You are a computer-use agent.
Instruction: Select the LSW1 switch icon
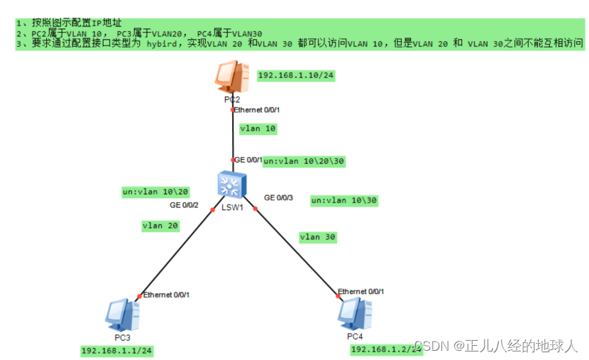point(231,185)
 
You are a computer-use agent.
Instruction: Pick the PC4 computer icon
point(356,313)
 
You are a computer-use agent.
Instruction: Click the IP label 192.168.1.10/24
point(296,75)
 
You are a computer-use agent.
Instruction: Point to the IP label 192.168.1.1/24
point(118,351)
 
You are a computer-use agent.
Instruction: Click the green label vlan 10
point(258,129)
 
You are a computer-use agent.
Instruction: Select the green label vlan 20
point(160,226)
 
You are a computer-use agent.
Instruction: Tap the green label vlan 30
point(318,236)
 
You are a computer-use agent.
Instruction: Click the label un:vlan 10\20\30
point(304,161)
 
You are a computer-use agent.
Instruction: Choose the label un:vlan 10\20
point(155,192)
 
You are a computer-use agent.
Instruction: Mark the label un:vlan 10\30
point(344,201)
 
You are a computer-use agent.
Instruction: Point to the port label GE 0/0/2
point(183,205)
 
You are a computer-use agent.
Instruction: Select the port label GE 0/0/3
point(278,197)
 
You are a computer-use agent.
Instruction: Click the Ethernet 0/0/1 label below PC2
point(257,110)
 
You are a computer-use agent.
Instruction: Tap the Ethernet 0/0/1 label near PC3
point(166,295)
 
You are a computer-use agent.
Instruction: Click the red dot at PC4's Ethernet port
point(338,297)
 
